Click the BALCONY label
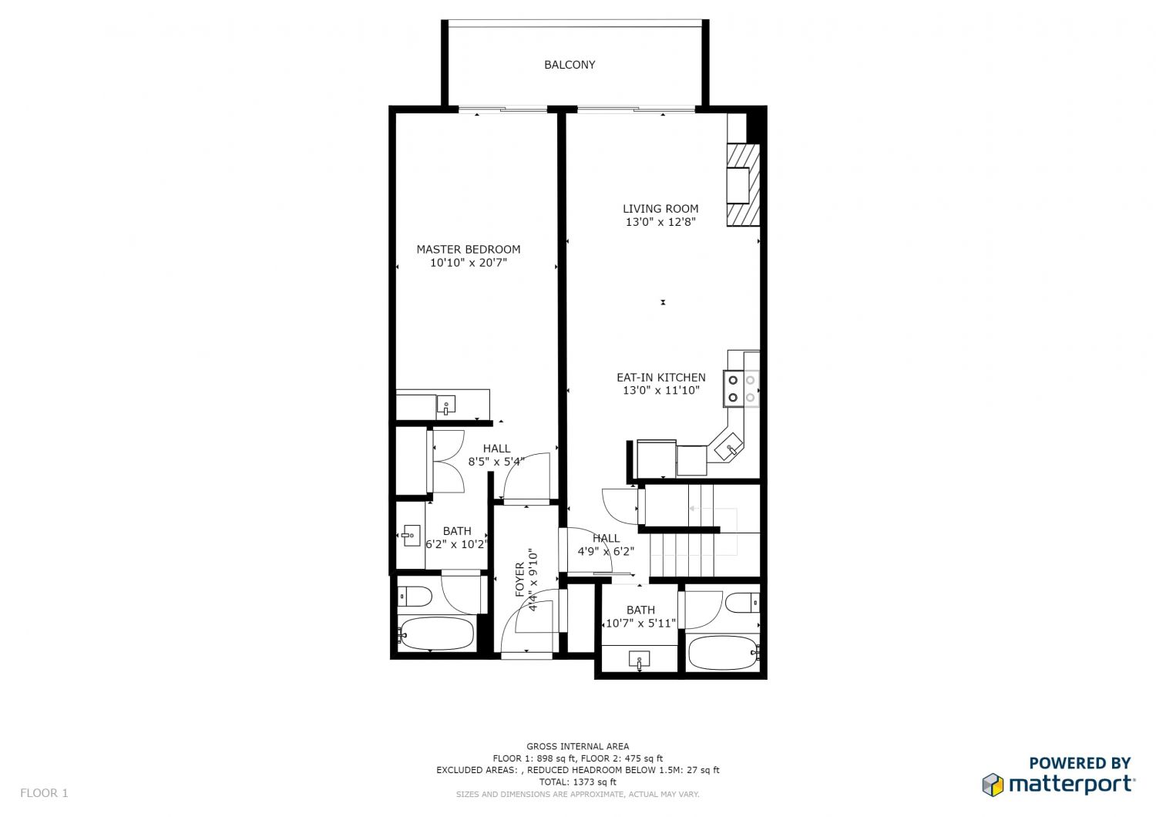(x=570, y=65)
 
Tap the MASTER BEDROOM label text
(x=468, y=249)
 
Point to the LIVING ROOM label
(x=660, y=208)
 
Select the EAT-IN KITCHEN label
(x=660, y=377)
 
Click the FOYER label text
(x=519, y=579)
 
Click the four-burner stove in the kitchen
(x=741, y=389)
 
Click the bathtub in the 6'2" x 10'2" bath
(x=437, y=635)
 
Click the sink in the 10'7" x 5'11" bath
(x=639, y=659)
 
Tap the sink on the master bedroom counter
(x=445, y=404)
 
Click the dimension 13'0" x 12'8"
(x=660, y=222)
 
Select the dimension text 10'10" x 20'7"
(x=468, y=263)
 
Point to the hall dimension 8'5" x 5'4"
(x=496, y=462)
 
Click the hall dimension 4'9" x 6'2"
(x=606, y=552)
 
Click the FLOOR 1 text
(x=44, y=792)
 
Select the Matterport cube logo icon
(x=993, y=785)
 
